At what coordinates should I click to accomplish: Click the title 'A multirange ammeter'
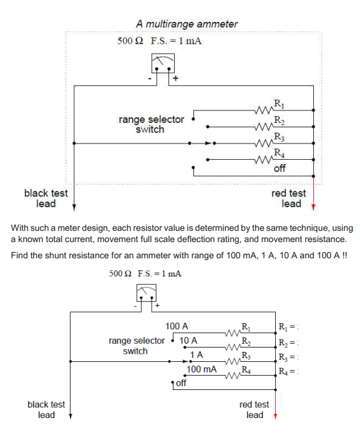[x=187, y=24]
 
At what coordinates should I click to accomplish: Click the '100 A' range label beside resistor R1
[x=177, y=326]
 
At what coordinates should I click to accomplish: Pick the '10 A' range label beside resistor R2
[x=188, y=341]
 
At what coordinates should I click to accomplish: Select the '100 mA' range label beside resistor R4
[x=202, y=369]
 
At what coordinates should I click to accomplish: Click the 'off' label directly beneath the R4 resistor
[x=280, y=168]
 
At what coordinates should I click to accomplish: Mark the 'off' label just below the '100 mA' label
[x=180, y=382]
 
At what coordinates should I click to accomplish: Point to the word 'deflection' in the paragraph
[x=215, y=240]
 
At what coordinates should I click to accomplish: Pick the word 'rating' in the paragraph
[x=250, y=240]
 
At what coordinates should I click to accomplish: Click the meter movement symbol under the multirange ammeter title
[x=163, y=63]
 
